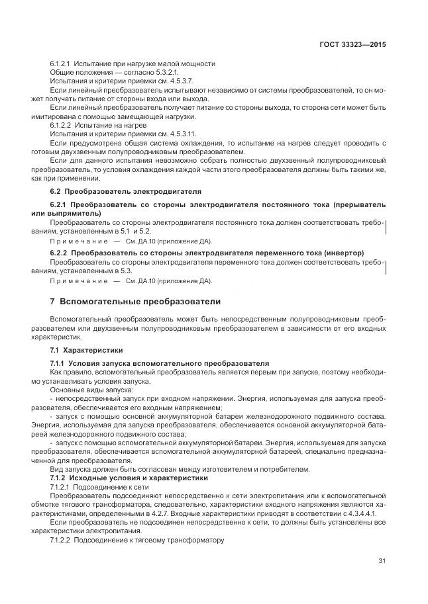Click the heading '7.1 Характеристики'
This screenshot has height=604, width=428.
[x=85, y=349]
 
